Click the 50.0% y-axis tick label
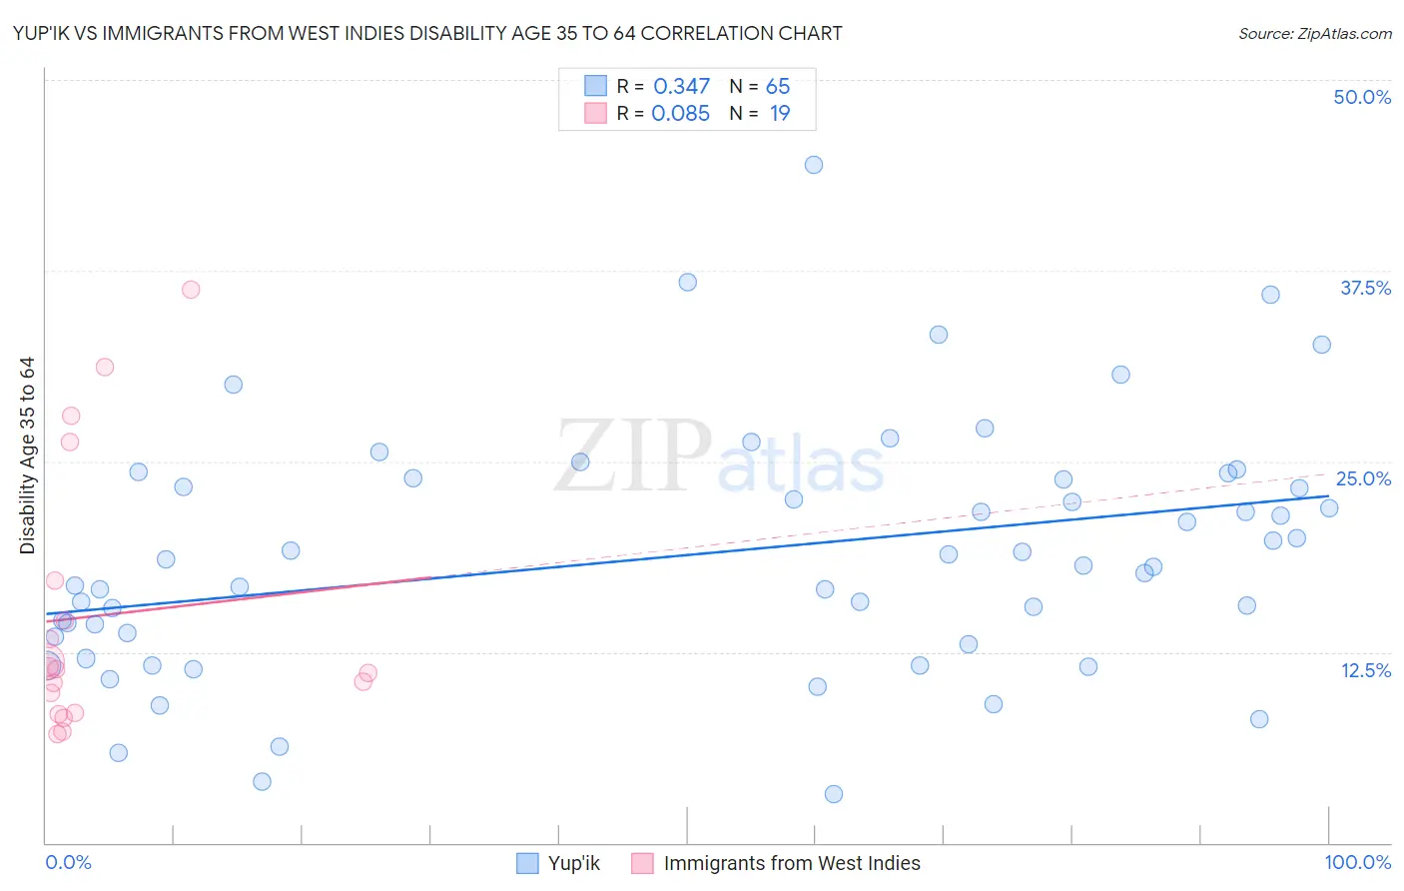(x=1361, y=97)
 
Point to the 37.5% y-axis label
(x=1364, y=288)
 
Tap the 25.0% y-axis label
(x=1362, y=478)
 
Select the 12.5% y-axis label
(x=1365, y=670)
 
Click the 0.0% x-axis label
(x=68, y=862)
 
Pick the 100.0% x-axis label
(x=1357, y=862)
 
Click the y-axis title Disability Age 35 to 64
(x=27, y=455)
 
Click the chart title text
(x=427, y=33)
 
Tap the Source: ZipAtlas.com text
(x=1314, y=33)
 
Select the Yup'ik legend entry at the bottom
(x=573, y=863)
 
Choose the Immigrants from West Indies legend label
(x=791, y=863)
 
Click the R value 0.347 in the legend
(x=681, y=87)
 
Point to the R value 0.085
(x=680, y=114)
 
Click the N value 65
(x=777, y=87)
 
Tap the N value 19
(x=779, y=114)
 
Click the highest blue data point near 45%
(x=814, y=165)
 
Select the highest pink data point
(x=191, y=290)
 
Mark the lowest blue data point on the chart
(x=834, y=794)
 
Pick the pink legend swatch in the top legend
(x=595, y=113)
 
